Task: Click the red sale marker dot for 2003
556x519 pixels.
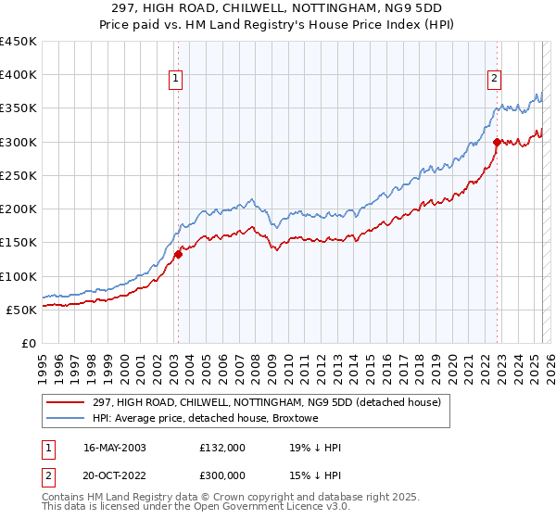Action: coord(178,255)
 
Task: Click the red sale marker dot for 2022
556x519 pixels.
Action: coord(498,142)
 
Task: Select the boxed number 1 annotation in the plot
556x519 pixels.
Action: coord(176,80)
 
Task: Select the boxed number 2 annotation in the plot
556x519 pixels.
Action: coord(495,80)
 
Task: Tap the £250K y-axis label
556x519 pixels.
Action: coord(19,175)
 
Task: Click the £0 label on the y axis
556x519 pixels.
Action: coord(28,343)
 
